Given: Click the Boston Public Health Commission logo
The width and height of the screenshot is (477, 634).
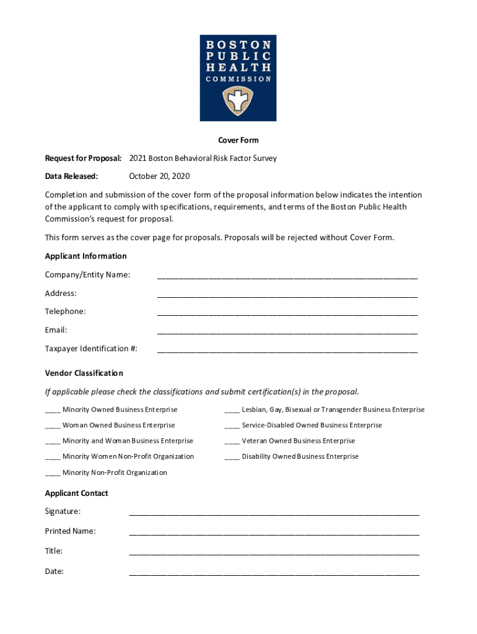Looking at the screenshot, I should click(x=238, y=77).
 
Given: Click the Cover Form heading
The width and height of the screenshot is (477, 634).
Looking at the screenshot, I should click(x=238, y=140).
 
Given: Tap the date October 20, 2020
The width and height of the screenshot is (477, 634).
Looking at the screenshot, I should click(x=159, y=176).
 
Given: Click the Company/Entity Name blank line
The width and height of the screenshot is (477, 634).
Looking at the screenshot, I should click(x=287, y=276).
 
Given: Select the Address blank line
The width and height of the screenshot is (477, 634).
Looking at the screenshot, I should click(x=287, y=295).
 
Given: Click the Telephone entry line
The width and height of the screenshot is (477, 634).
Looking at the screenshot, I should click(x=287, y=313).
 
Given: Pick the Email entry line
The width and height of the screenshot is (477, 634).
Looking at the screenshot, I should click(x=287, y=331).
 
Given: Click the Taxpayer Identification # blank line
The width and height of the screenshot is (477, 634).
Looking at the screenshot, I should click(x=287, y=350).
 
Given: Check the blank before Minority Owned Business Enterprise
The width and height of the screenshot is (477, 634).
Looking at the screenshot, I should click(x=53, y=410).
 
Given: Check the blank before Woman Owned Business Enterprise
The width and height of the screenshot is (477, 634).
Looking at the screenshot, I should click(x=53, y=426).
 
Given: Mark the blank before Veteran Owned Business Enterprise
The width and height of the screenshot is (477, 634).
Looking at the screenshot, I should click(x=232, y=441).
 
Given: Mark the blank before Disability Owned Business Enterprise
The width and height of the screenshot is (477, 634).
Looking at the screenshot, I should click(x=232, y=457).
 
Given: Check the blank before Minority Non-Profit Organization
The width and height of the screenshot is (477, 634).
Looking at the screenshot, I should click(x=53, y=473).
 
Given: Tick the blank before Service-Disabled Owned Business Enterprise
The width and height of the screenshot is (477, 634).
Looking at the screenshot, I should click(x=232, y=426).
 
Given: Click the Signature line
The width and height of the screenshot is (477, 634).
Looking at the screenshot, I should click(x=274, y=513).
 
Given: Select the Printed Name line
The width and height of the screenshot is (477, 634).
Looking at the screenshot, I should click(x=274, y=532).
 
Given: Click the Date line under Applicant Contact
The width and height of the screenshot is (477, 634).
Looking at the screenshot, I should click(x=274, y=573).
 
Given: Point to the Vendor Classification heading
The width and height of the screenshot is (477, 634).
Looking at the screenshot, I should click(x=84, y=373).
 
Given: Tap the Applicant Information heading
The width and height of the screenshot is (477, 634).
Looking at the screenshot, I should click(x=85, y=256).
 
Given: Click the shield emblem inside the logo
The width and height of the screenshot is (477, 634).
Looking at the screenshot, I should click(x=238, y=100).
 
